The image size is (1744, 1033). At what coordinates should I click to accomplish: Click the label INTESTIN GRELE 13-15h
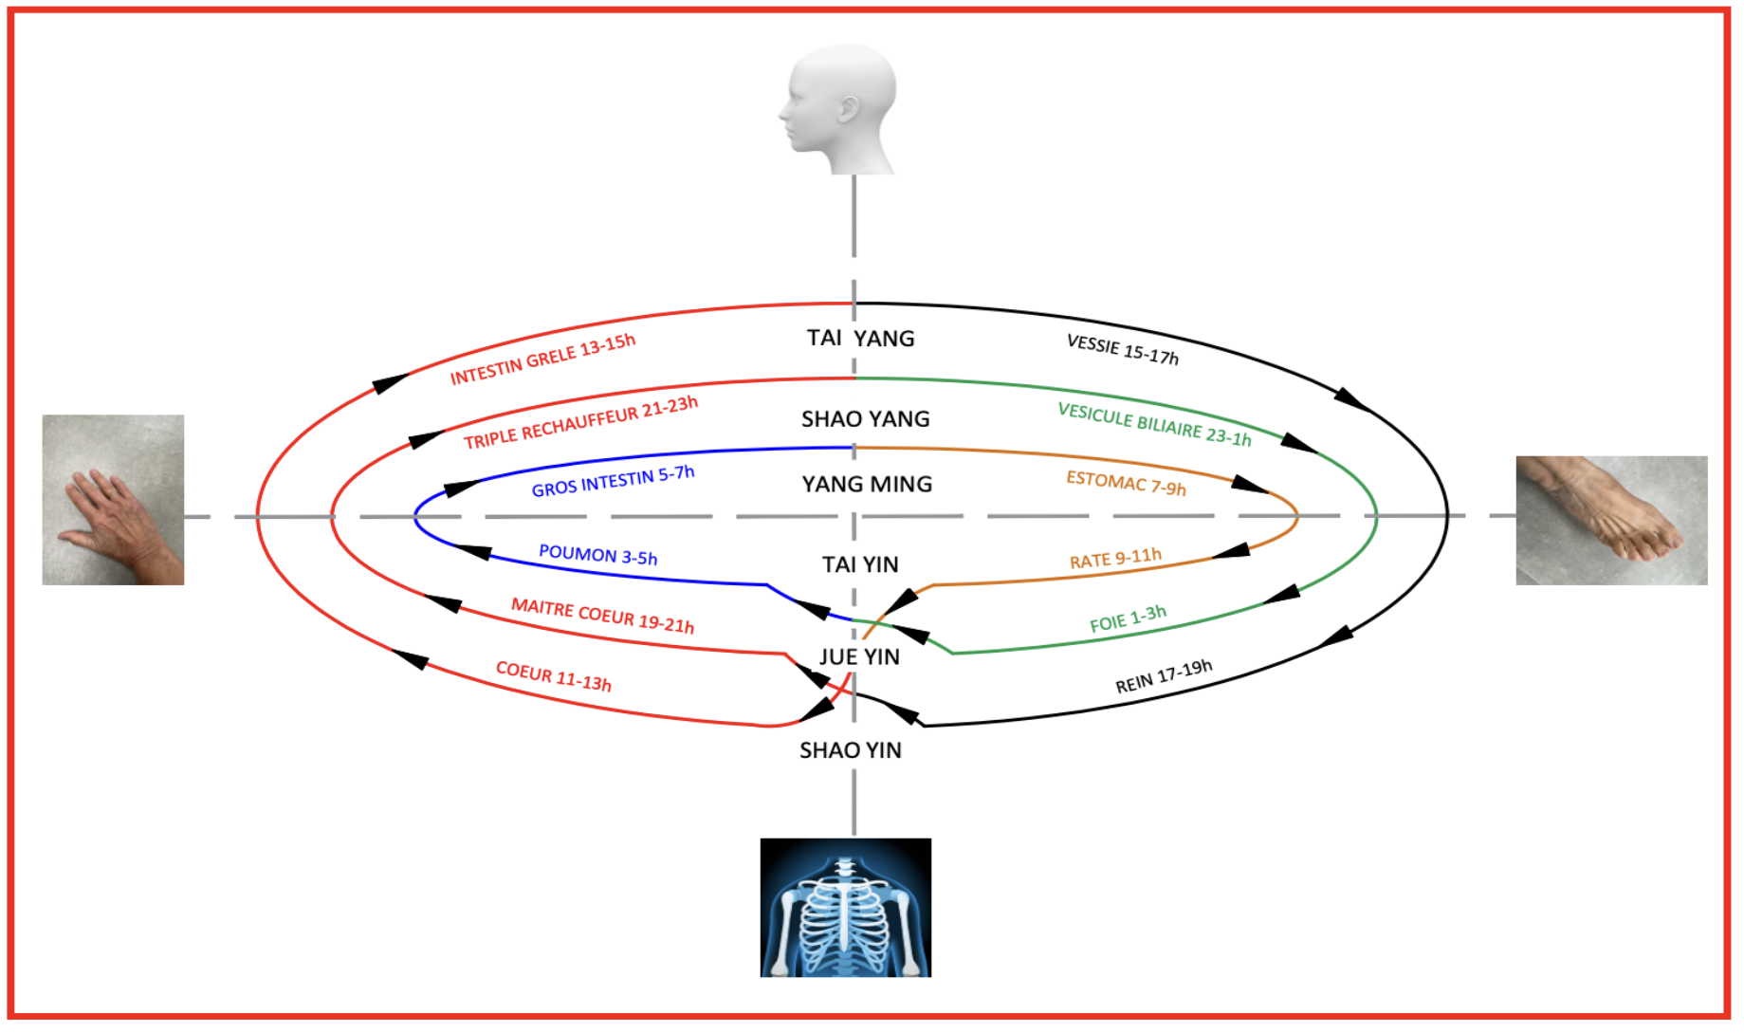click(542, 360)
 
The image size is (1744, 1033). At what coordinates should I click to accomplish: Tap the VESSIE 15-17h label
click(1122, 349)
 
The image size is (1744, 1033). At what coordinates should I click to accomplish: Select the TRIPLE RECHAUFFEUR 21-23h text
click(580, 422)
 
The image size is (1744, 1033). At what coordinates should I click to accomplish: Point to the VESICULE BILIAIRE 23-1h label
click(1154, 424)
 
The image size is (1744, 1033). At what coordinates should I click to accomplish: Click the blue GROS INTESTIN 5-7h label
click(613, 482)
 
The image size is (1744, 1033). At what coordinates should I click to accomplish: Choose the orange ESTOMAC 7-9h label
click(1126, 483)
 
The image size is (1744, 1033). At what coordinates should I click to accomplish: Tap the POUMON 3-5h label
click(597, 555)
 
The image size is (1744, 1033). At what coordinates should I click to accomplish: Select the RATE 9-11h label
click(1115, 558)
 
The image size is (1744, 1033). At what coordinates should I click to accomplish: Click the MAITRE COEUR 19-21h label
click(602, 616)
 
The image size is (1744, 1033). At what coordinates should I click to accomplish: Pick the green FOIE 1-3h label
click(1128, 619)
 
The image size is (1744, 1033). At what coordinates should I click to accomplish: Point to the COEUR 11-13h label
click(553, 676)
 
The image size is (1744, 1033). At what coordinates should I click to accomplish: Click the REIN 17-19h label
click(1163, 676)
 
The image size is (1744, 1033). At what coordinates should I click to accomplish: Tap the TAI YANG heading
click(860, 339)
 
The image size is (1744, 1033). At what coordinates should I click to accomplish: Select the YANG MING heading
click(867, 485)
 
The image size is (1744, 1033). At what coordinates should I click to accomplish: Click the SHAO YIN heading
click(850, 750)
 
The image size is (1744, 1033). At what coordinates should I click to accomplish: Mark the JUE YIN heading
click(859, 656)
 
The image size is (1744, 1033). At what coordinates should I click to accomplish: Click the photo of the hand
click(113, 500)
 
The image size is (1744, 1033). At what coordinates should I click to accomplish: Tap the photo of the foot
click(1610, 520)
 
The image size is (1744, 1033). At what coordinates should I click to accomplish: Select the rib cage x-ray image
click(845, 907)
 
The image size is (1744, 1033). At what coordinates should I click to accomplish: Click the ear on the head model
click(848, 108)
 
